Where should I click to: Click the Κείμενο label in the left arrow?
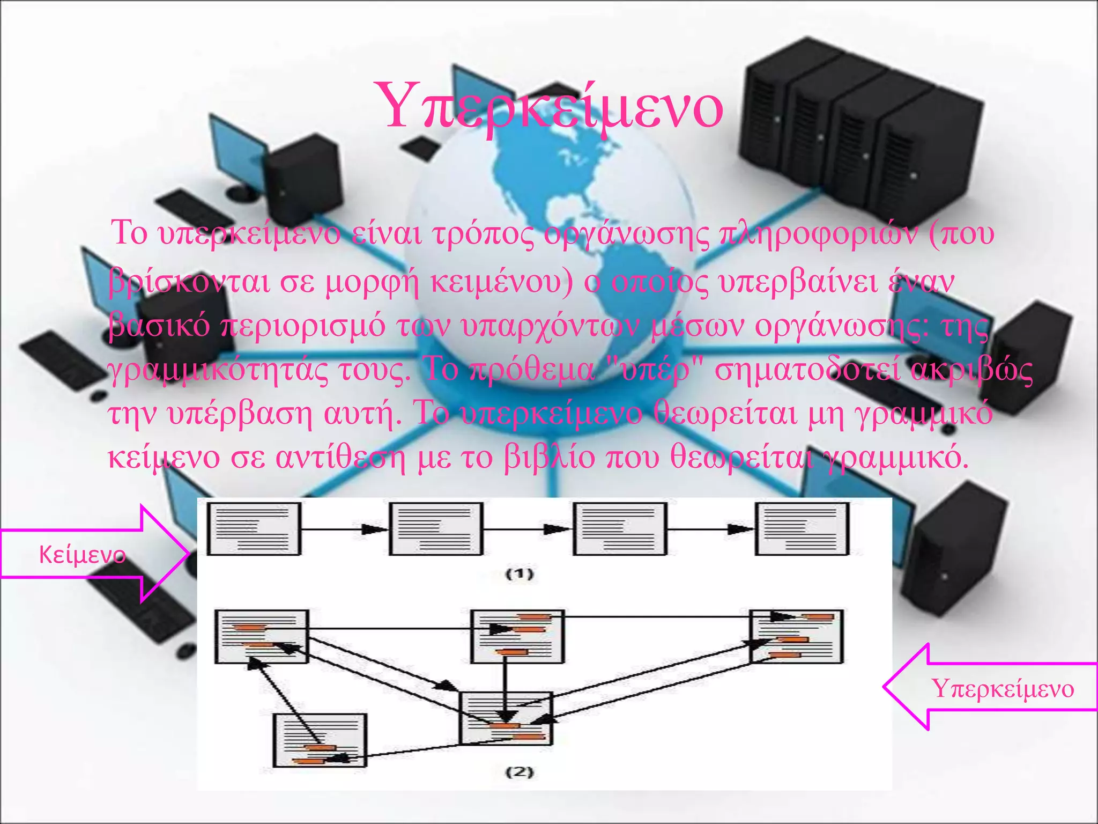[x=82, y=555]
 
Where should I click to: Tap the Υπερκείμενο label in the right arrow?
[x=1003, y=689]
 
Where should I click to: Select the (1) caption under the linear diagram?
[x=520, y=574]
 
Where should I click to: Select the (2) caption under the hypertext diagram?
[x=520, y=772]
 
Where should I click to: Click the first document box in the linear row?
[x=254, y=529]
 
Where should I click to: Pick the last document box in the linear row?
[x=802, y=529]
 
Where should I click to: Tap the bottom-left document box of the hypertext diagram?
[x=320, y=740]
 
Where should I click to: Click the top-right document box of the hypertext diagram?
[x=797, y=637]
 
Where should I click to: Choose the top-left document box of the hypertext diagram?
[x=262, y=637]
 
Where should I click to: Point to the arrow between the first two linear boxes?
[x=345, y=530]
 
